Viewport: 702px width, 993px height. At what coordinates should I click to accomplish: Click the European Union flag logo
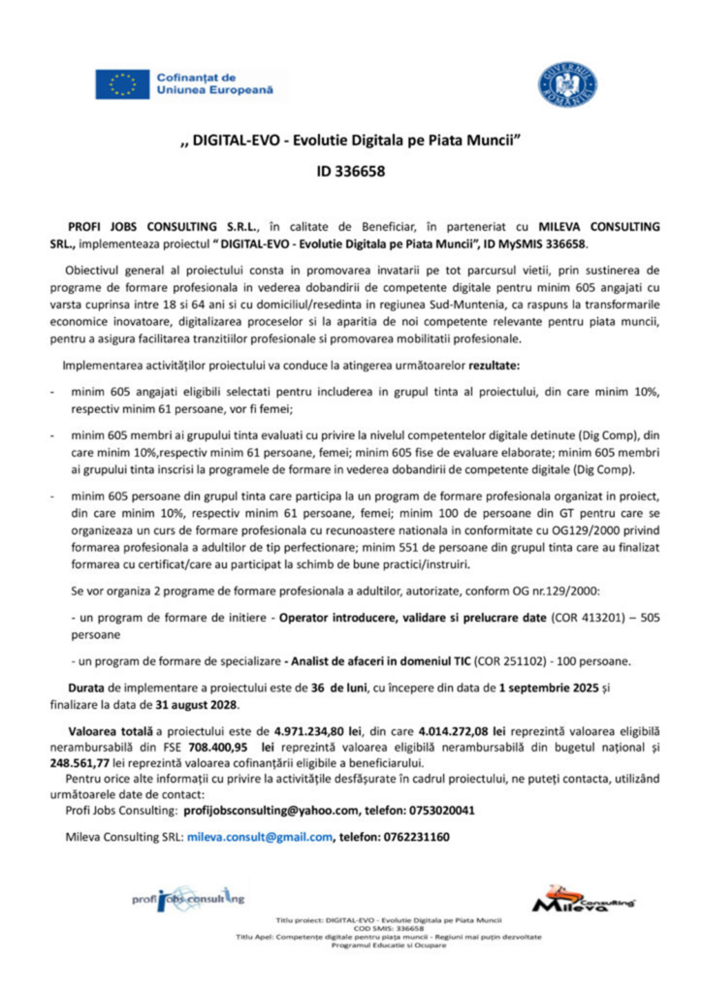(x=122, y=84)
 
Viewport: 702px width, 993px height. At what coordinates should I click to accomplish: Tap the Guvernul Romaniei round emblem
(x=567, y=83)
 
